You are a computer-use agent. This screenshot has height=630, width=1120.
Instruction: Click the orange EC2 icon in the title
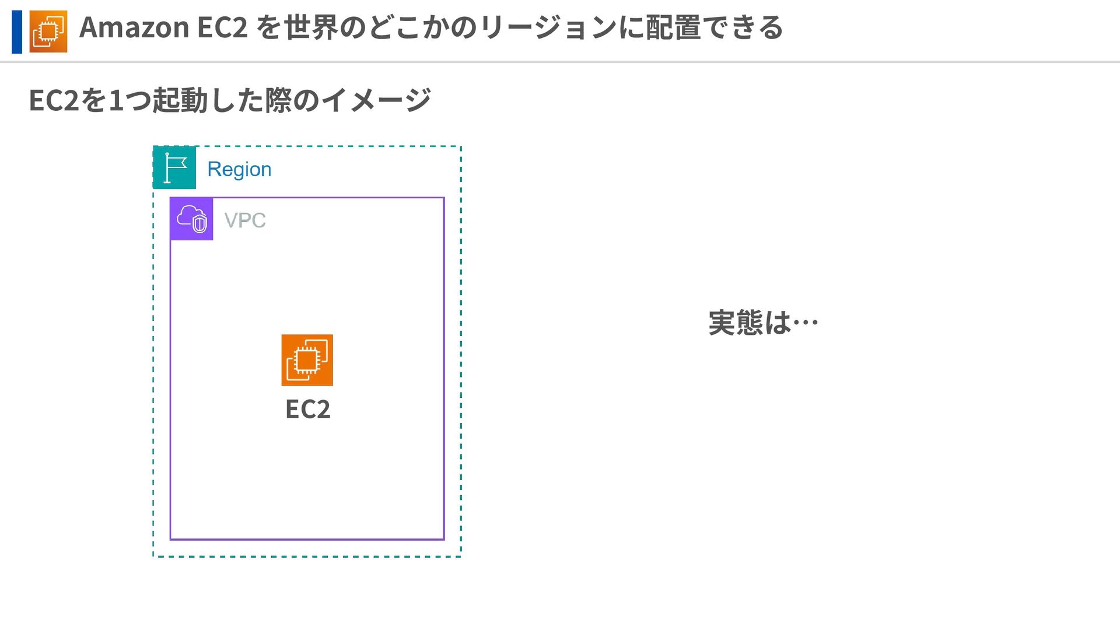click(x=48, y=32)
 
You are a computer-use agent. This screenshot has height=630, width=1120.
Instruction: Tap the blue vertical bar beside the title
click(x=17, y=32)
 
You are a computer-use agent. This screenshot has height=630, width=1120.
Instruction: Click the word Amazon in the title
click(x=134, y=27)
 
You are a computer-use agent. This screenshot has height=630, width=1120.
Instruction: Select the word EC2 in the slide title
click(x=222, y=27)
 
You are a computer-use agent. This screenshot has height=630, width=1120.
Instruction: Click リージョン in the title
click(x=548, y=27)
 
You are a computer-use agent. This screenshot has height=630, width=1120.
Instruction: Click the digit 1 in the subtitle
click(x=116, y=100)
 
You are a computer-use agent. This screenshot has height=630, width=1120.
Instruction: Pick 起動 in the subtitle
click(x=180, y=100)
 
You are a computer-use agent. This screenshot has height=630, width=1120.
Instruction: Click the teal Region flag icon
click(x=174, y=168)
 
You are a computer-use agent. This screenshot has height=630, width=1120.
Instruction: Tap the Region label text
click(x=239, y=169)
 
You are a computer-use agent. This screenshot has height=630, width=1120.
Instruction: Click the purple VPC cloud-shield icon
click(x=191, y=219)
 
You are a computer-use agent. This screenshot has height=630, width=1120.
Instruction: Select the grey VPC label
click(x=245, y=220)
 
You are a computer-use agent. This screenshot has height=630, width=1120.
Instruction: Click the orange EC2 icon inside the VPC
click(x=307, y=360)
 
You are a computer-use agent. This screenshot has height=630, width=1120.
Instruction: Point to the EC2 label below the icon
click(x=307, y=409)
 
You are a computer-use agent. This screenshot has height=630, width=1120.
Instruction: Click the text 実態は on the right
click(x=749, y=323)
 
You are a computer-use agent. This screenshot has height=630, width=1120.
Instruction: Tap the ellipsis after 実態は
click(x=806, y=323)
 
